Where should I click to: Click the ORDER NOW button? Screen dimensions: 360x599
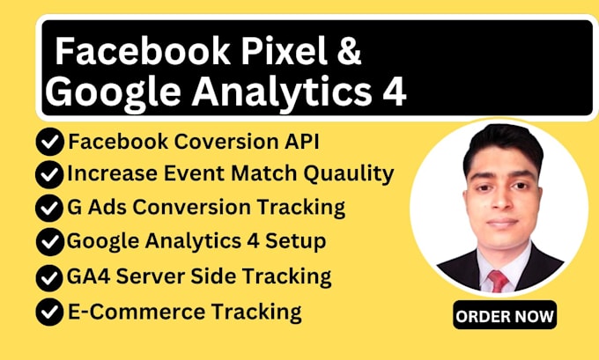click(x=505, y=313)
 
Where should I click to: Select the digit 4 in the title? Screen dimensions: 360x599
click(x=395, y=92)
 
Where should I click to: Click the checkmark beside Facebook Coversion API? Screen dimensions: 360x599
click(x=49, y=142)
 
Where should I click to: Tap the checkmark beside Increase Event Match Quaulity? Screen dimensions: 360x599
click(x=49, y=174)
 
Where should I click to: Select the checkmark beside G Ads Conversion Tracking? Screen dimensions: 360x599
click(x=49, y=209)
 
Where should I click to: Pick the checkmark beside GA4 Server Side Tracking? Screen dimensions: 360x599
click(x=49, y=277)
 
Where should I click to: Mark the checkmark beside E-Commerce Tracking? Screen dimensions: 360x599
click(x=49, y=312)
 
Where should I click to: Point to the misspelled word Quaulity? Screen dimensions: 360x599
click(x=350, y=174)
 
